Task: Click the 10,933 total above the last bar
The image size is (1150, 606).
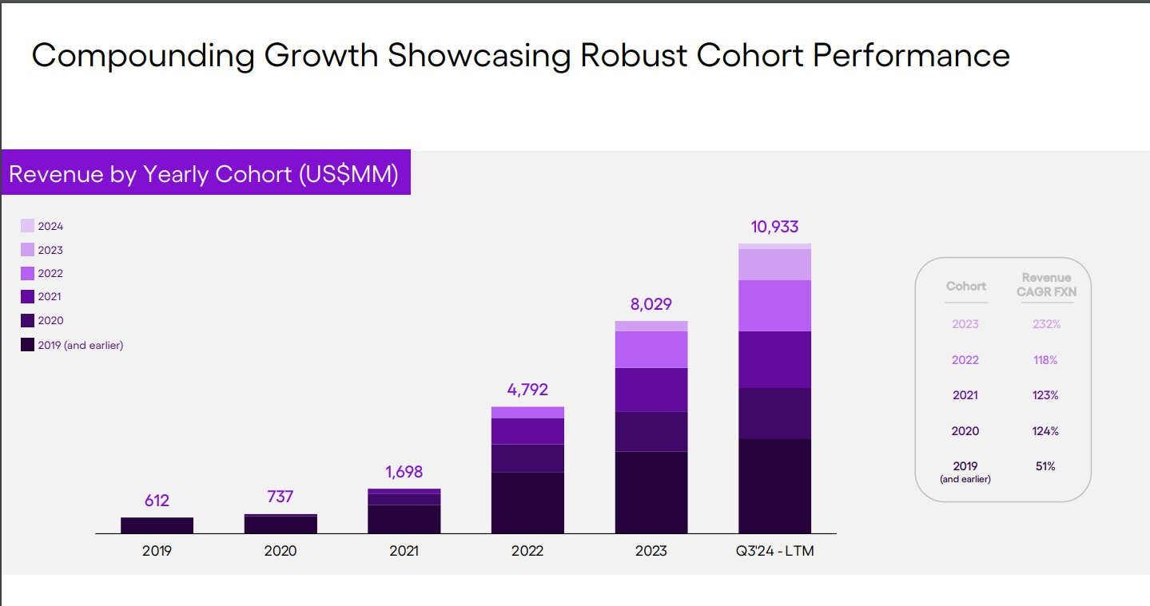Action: [774, 227]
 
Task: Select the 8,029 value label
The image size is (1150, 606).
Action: [651, 304]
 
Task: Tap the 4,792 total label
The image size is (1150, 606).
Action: [527, 390]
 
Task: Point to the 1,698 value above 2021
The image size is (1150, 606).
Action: [404, 472]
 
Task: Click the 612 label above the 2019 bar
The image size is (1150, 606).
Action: [157, 501]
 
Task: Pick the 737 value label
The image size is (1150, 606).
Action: [281, 497]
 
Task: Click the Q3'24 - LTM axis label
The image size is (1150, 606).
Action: [774, 551]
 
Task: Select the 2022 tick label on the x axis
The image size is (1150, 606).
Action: [527, 551]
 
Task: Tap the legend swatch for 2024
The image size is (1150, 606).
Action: [27, 226]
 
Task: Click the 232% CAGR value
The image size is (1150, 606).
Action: [1045, 324]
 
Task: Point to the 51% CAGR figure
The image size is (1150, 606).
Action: [1045, 466]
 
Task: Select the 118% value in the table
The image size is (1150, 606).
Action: [1045, 360]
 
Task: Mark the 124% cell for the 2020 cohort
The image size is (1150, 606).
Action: [1045, 431]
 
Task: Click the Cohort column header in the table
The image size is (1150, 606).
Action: [966, 286]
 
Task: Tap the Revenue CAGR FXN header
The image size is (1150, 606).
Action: [1046, 285]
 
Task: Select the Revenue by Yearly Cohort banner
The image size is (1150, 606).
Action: [205, 173]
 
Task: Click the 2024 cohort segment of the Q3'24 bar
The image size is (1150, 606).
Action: [774, 246]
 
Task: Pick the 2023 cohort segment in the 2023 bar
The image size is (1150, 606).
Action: [651, 326]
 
